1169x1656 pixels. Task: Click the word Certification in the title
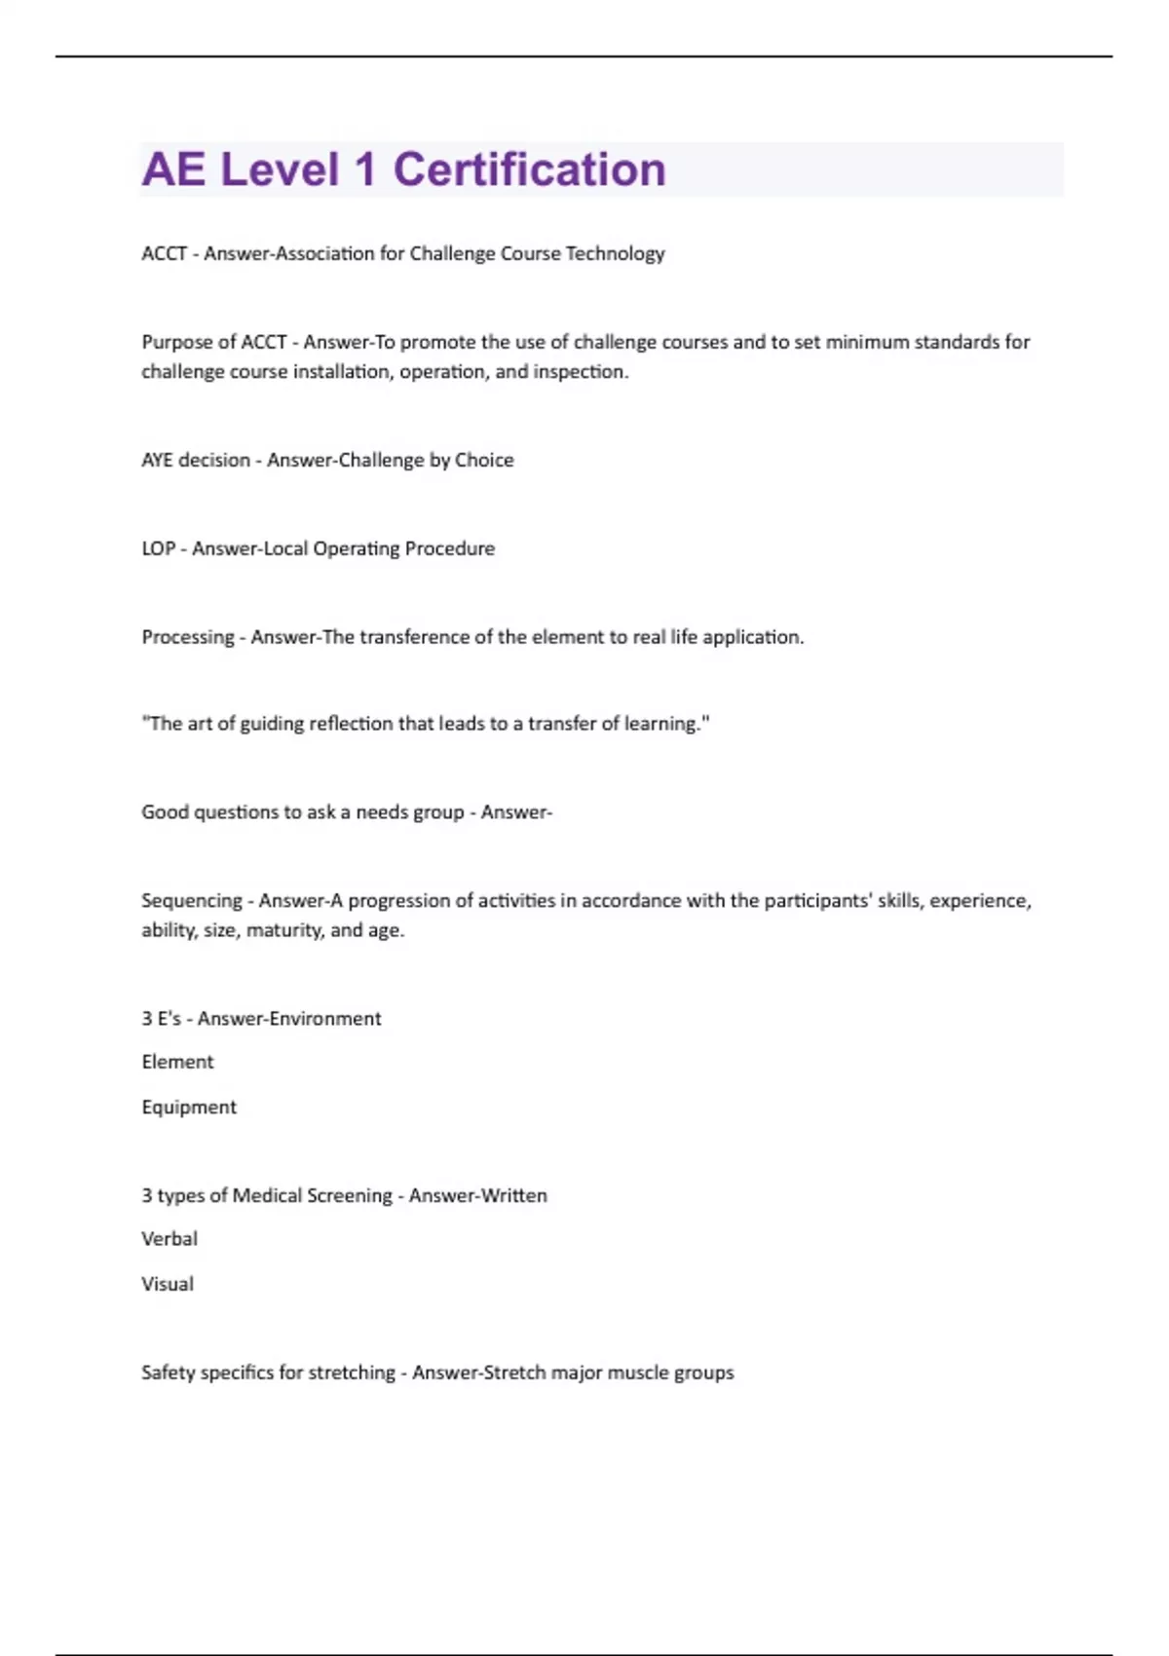pyautogui.click(x=529, y=169)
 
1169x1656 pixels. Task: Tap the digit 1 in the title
pyautogui.click(x=365, y=169)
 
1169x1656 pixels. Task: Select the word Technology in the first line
pyautogui.click(x=615, y=253)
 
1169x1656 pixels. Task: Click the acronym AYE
pyautogui.click(x=157, y=460)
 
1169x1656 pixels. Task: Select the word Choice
pyautogui.click(x=484, y=460)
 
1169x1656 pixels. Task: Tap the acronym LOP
pyautogui.click(x=158, y=548)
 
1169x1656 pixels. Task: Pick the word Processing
pyautogui.click(x=188, y=637)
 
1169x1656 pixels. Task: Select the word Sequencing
pyautogui.click(x=192, y=901)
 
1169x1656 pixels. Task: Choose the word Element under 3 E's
pyautogui.click(x=177, y=1062)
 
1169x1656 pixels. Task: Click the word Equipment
pyautogui.click(x=189, y=1108)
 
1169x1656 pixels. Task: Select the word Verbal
pyautogui.click(x=170, y=1239)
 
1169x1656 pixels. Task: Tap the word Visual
pyautogui.click(x=168, y=1284)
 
